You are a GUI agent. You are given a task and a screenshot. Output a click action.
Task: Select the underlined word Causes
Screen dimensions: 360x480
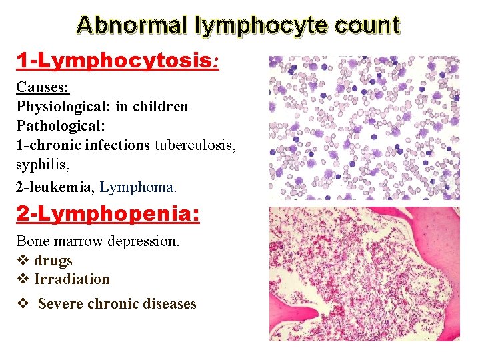(42, 87)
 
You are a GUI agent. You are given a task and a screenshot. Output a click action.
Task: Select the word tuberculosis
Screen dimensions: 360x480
(195, 144)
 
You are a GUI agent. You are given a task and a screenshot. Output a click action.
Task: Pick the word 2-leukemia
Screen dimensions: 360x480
(55, 187)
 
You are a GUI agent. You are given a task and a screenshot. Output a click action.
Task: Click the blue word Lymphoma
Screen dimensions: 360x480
(139, 187)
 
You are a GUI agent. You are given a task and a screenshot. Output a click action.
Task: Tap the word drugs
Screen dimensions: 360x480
(53, 260)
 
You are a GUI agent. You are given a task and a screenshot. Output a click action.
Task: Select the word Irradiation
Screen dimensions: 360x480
(71, 279)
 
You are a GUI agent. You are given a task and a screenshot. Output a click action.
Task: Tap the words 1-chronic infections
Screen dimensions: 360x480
(83, 144)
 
